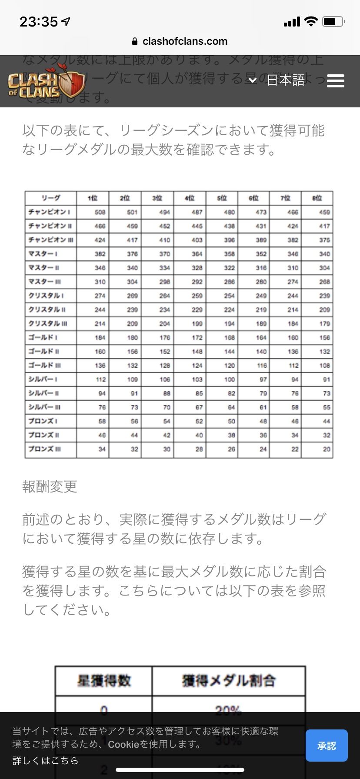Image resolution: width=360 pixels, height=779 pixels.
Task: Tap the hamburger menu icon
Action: click(x=335, y=81)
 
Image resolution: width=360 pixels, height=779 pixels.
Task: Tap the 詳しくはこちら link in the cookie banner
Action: click(x=45, y=760)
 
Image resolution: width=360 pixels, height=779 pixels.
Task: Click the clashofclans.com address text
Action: click(x=185, y=41)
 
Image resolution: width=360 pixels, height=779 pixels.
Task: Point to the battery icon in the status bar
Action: click(x=333, y=21)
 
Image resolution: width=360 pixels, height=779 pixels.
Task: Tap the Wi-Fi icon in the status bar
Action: click(x=311, y=21)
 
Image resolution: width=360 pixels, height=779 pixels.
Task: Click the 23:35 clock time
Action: click(x=39, y=22)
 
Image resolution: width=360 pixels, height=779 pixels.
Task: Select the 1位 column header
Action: click(x=93, y=198)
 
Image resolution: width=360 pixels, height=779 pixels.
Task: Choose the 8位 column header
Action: click(x=317, y=198)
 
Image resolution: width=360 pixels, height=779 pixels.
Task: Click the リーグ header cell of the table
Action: click(x=51, y=198)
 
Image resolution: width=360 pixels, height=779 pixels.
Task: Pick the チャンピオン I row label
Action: click(x=50, y=212)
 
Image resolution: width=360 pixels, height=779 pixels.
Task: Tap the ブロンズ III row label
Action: click(x=45, y=449)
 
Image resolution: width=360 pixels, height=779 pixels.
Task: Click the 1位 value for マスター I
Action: click(x=100, y=254)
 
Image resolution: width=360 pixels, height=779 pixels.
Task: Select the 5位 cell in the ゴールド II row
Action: click(x=230, y=351)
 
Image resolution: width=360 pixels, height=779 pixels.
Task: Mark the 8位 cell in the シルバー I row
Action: click(x=327, y=380)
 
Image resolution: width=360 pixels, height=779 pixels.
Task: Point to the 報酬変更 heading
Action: click(x=50, y=486)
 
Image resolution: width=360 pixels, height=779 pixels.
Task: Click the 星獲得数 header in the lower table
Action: click(x=104, y=681)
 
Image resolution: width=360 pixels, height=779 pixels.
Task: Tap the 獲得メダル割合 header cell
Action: click(x=229, y=681)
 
